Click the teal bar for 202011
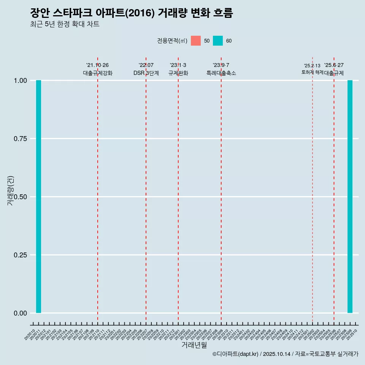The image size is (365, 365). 38,197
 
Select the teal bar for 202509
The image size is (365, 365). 350,197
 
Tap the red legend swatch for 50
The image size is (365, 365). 196,41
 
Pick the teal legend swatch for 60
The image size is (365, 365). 218,41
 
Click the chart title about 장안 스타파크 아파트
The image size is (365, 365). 131,13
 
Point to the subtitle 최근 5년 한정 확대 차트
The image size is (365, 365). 65,24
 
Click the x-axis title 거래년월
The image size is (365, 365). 194,345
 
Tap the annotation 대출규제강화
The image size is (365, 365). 98,73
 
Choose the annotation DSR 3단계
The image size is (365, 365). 146,73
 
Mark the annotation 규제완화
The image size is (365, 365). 178,73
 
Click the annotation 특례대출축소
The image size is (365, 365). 221,73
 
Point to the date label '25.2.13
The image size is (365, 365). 312,66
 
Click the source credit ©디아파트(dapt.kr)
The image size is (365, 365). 235,354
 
